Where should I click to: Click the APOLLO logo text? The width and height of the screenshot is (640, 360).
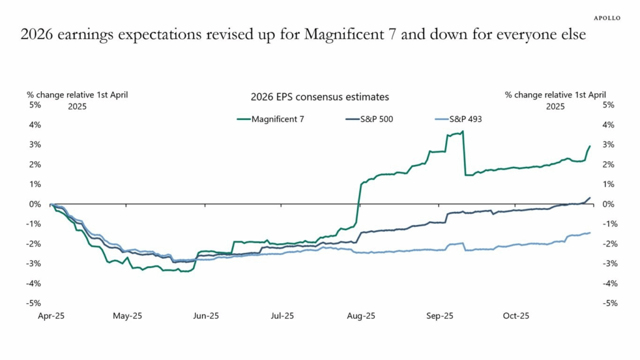[606, 18]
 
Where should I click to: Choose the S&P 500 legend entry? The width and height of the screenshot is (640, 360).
[369, 119]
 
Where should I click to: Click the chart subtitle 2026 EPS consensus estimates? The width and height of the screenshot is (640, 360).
[319, 97]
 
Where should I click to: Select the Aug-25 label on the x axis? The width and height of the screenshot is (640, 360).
[361, 316]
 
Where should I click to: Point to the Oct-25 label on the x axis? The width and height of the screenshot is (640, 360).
[516, 316]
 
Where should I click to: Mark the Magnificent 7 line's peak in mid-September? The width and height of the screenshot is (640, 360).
[462, 131]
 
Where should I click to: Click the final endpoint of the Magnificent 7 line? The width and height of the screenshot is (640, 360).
[590, 146]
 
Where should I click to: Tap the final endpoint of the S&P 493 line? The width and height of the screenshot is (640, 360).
[590, 233]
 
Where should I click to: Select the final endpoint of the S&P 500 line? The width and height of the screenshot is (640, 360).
[590, 198]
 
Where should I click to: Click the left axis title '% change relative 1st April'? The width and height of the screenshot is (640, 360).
[77, 95]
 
